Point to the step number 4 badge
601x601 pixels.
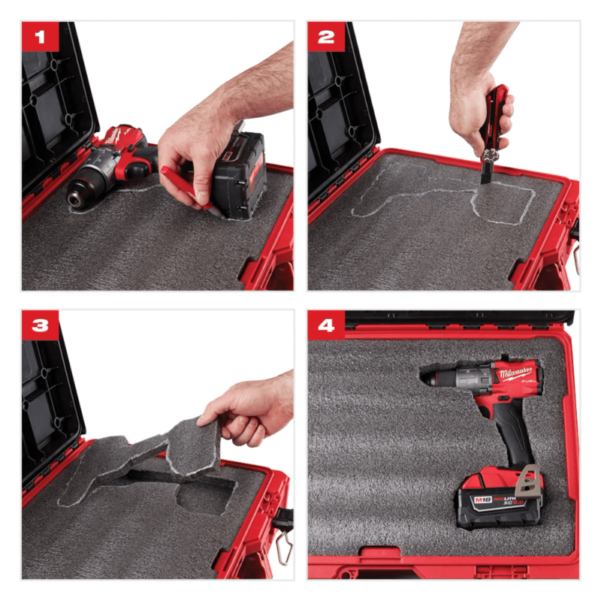325,325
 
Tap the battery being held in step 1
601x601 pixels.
239,173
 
